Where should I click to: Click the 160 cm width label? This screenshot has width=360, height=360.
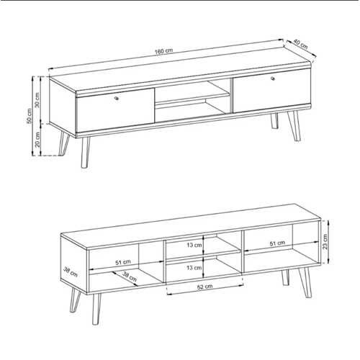[163, 51]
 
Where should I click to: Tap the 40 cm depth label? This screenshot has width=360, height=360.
[300, 44]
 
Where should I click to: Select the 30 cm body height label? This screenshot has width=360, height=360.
[37, 100]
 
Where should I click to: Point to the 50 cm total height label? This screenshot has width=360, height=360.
[29, 116]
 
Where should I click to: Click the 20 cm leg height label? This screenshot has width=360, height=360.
[37, 140]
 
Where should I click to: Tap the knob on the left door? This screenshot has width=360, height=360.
[117, 98]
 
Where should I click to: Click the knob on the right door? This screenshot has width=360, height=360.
[273, 78]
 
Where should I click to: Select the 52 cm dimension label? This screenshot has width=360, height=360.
[204, 287]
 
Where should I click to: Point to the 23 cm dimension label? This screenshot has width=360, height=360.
[325, 242]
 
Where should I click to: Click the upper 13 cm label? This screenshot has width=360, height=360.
[194, 245]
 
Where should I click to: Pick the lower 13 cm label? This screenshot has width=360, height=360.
[194, 267]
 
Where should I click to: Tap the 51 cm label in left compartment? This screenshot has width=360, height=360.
[123, 262]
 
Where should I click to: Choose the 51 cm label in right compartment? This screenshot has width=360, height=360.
[277, 243]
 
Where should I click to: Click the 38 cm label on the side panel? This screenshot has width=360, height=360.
[71, 271]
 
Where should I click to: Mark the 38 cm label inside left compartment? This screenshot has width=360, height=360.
[130, 276]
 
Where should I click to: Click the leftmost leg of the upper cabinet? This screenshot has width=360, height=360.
[64, 143]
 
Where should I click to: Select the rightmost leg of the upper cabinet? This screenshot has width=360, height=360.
[294, 126]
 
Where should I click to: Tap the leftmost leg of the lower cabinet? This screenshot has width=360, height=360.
[76, 300]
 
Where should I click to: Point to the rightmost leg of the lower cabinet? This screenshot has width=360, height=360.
[305, 283]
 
